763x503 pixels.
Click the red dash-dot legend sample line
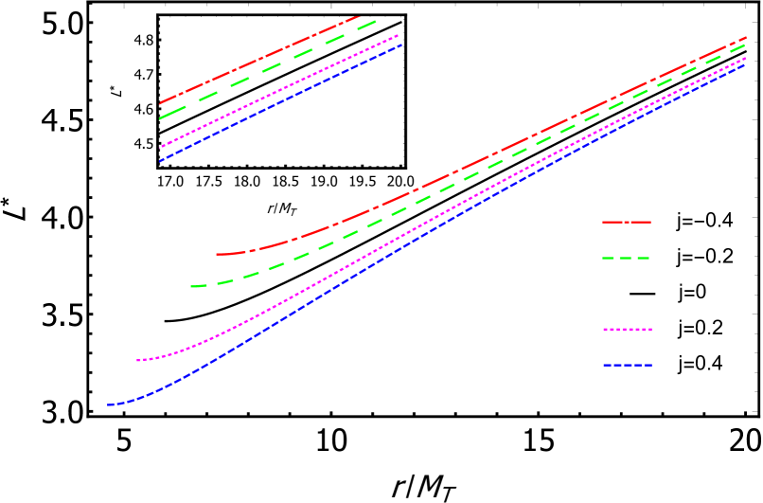[x=627, y=222]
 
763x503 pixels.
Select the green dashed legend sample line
[x=626, y=258]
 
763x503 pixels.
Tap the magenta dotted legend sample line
[x=628, y=330]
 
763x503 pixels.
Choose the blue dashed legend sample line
[x=628, y=365]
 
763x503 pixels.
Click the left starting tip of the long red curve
[x=217, y=254]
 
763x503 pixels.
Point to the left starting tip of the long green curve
[x=191, y=285]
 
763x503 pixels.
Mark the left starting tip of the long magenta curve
[x=137, y=360]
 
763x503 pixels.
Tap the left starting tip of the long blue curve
[x=108, y=404]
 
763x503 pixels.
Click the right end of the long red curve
[x=747, y=37]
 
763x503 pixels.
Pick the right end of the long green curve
[x=746, y=44]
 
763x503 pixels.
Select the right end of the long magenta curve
[x=746, y=59]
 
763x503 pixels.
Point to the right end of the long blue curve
[x=746, y=64]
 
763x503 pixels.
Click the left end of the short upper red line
[x=160, y=102]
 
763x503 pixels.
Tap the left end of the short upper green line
[x=160, y=118]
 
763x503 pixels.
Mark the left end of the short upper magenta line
[x=160, y=147]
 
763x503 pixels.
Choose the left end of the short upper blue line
[x=160, y=161]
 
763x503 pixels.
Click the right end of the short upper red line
[x=358, y=16]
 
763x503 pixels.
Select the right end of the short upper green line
[x=376, y=20]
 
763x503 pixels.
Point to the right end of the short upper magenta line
[x=399, y=35]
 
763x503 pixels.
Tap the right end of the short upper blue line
[x=402, y=45]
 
